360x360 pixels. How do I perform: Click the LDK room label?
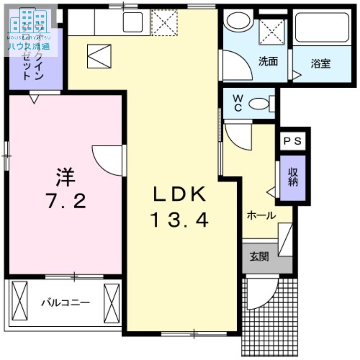(x=180, y=194)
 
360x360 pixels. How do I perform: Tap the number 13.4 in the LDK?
(x=180, y=220)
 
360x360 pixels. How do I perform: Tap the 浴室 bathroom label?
(x=320, y=63)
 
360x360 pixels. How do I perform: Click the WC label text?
(x=238, y=103)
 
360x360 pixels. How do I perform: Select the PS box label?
(x=293, y=141)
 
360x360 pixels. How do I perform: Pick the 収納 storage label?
(x=293, y=178)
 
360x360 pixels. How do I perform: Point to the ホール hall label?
(x=261, y=216)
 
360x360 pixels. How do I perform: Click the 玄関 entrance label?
(x=259, y=257)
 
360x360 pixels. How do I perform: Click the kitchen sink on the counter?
(x=132, y=20)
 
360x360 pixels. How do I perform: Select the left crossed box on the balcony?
(x=19, y=302)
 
